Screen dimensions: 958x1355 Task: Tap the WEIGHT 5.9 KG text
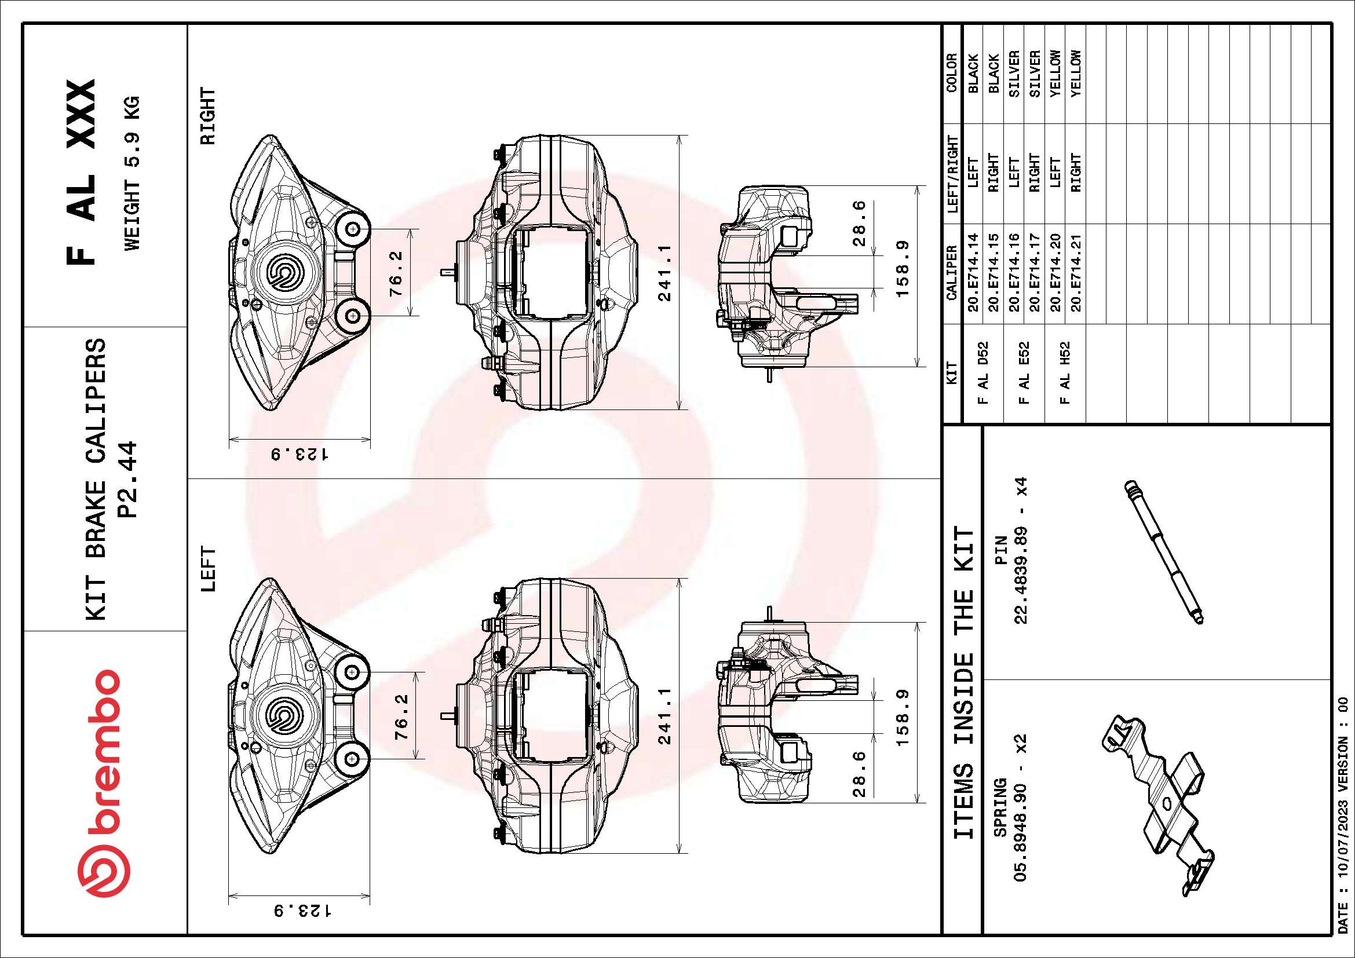132,172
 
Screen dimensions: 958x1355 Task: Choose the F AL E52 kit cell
1025,373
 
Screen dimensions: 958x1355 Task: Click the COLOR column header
951,73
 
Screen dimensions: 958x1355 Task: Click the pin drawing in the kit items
1163,551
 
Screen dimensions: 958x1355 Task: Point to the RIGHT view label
209,116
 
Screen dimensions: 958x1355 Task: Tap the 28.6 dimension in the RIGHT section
860,223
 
